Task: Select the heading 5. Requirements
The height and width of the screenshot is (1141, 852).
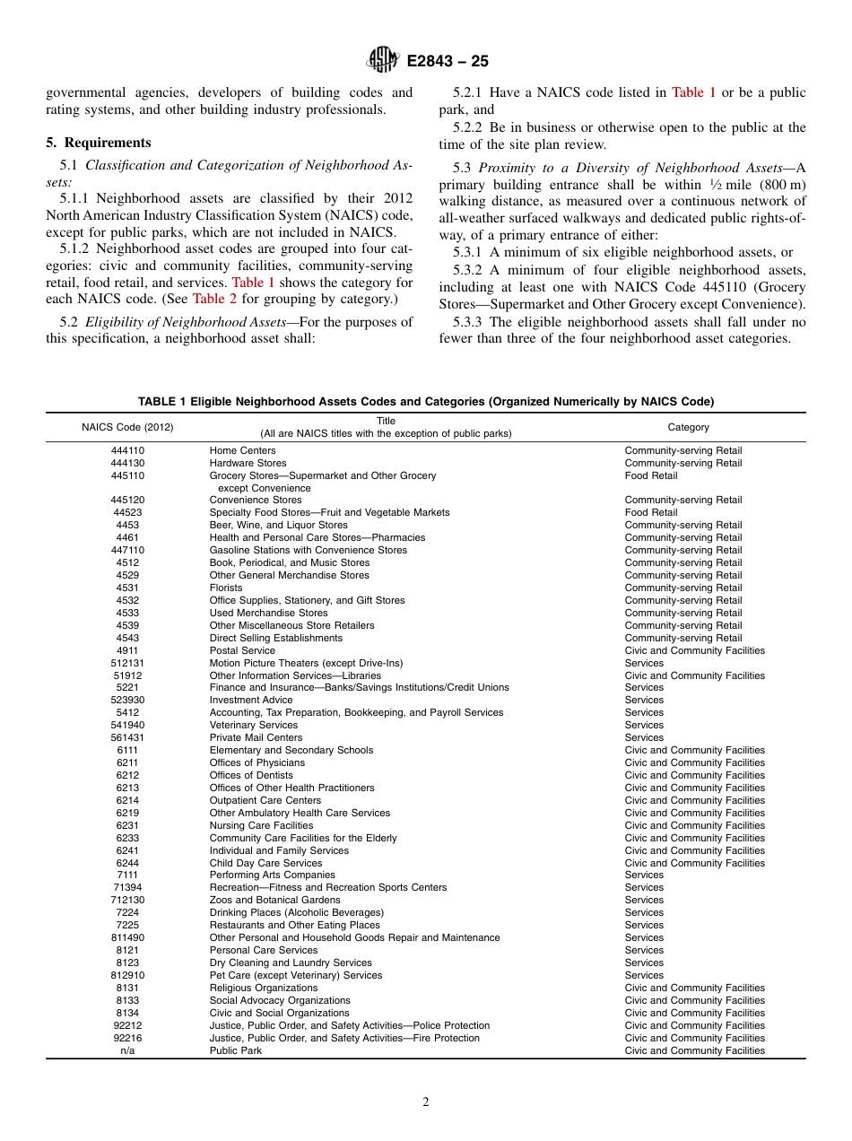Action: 99,143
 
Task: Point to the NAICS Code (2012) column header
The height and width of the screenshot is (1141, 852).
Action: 127,427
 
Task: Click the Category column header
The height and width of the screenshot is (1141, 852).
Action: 688,427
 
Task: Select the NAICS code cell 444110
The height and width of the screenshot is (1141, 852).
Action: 127,450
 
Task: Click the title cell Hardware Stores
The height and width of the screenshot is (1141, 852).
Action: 248,463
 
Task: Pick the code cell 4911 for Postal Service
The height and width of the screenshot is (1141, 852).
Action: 127,650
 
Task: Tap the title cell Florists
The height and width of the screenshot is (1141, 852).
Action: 226,588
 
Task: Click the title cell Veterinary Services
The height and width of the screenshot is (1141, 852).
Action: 253,725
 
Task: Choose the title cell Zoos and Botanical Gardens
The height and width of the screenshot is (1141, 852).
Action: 274,900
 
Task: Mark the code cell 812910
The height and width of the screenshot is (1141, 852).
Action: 127,975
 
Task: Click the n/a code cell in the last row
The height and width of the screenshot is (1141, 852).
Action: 127,1050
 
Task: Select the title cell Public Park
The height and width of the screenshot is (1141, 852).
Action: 236,1050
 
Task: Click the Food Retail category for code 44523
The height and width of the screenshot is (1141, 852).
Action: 651,512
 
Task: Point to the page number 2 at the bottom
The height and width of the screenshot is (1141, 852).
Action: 426,1102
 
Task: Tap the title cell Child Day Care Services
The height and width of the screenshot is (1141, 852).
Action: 265,863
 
